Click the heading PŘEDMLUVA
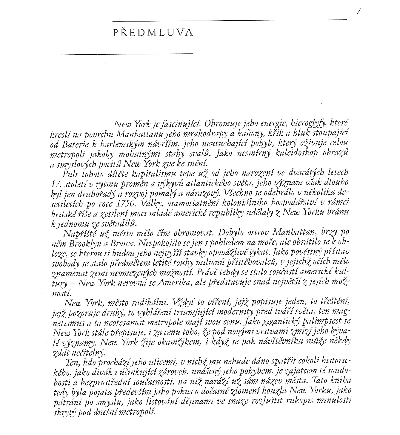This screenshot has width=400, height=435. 153,32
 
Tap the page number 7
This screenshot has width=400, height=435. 359,11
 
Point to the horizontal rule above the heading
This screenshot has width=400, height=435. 230,20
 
